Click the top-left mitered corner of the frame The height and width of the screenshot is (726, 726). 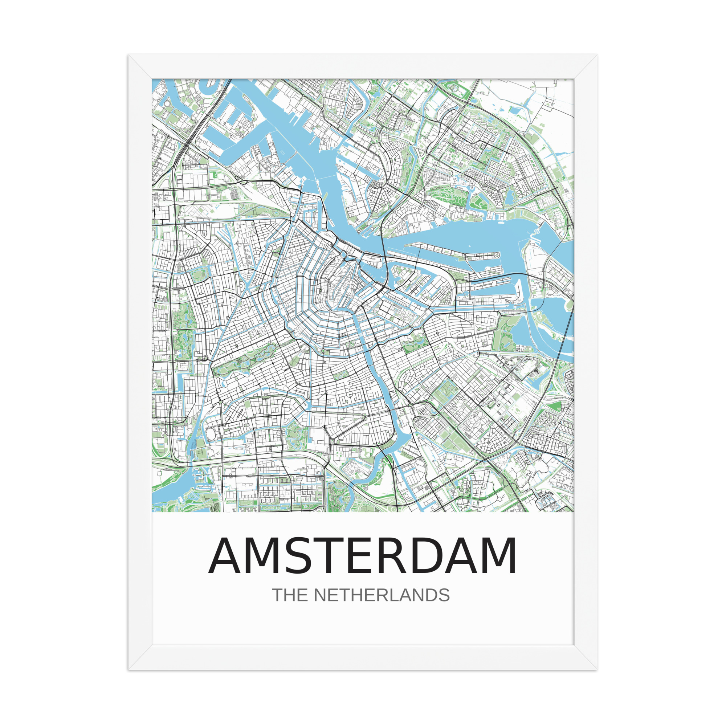[x=140, y=66]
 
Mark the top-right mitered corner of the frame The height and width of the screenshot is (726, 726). [x=586, y=66]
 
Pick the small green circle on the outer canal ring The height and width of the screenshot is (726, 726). [x=322, y=352]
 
